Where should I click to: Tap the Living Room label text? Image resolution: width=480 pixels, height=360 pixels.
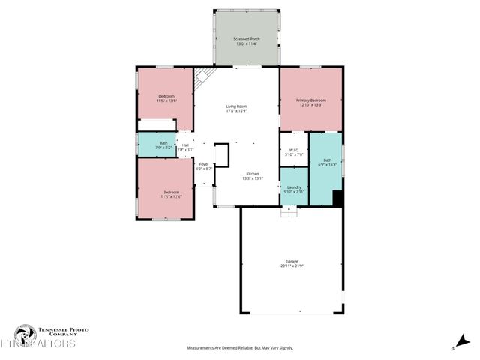(237, 109)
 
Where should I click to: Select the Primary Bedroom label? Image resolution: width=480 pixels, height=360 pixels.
(310, 102)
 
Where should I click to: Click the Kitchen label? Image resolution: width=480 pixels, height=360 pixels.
(253, 175)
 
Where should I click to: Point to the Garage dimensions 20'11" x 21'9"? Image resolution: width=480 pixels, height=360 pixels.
(292, 265)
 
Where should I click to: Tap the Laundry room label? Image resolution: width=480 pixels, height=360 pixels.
(294, 190)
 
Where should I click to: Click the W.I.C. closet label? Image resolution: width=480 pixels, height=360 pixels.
(294, 152)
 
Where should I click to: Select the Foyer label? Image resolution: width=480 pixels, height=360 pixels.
(204, 166)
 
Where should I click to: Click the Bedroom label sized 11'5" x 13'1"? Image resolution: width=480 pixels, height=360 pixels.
(166, 98)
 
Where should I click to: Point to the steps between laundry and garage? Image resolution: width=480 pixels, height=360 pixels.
(289, 212)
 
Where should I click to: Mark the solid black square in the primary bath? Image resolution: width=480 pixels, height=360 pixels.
(337, 199)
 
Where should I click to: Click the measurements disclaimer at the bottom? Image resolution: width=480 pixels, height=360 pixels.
(240, 348)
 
